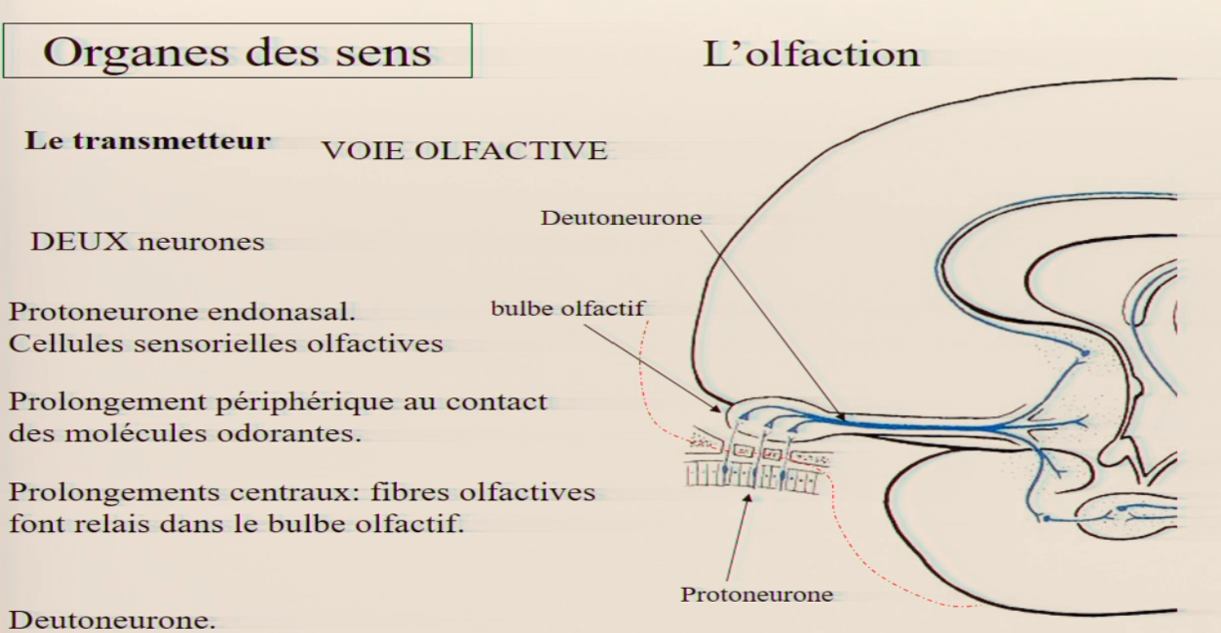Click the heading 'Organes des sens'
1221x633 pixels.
(236, 51)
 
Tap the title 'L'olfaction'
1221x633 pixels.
(811, 54)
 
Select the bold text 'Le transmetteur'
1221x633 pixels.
(148, 140)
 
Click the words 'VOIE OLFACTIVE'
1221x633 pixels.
(465, 151)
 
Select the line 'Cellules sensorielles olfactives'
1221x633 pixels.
(226, 343)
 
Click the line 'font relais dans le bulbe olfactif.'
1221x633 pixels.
(236, 523)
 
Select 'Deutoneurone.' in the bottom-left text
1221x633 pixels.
(112, 621)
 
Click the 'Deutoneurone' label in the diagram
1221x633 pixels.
(621, 218)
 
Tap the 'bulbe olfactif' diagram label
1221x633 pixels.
(567, 309)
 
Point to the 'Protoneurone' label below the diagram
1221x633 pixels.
(756, 595)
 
